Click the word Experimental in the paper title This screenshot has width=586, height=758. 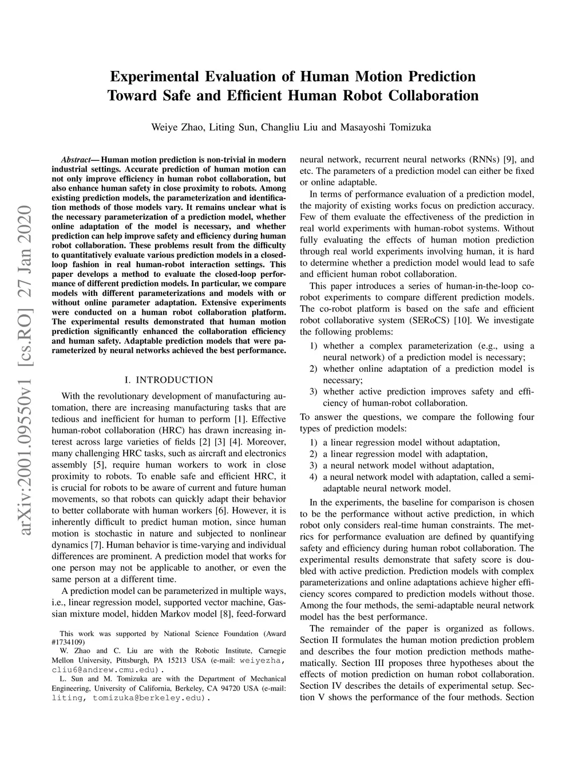coord(154,76)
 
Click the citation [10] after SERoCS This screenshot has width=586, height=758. coord(461,320)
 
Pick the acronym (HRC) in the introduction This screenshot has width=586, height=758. coord(169,430)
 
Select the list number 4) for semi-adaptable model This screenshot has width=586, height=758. coord(313,477)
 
